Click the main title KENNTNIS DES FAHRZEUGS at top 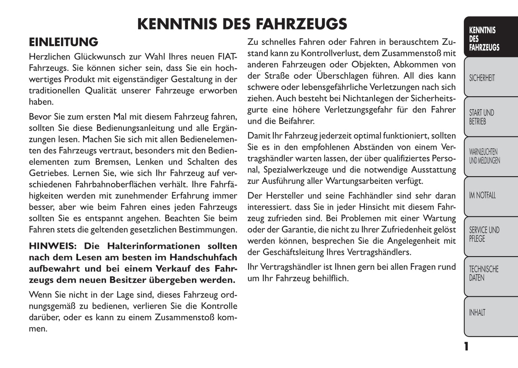(242, 24)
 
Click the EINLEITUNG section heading (63, 42)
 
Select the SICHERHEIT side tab (482, 78)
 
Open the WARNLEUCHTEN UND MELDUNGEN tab (484, 156)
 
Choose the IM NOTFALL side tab (482, 195)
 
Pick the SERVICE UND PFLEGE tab (484, 234)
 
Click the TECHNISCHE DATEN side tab (484, 273)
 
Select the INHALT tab (477, 313)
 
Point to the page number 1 (466, 346)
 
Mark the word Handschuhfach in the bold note (203, 258)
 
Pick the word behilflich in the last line (330, 278)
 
